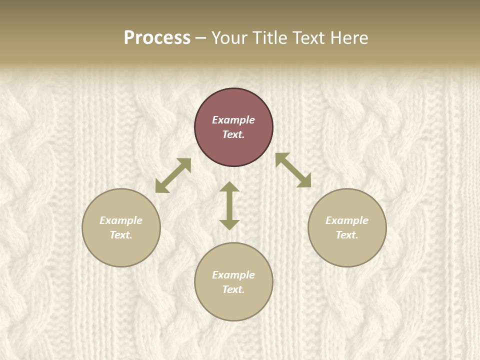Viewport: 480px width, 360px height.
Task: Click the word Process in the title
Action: pyautogui.click(x=157, y=38)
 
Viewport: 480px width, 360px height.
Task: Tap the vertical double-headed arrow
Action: pyautogui.click(x=229, y=206)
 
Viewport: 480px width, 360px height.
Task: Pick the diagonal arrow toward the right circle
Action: pyautogui.click(x=293, y=170)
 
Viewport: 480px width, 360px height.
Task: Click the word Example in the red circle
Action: pyautogui.click(x=233, y=120)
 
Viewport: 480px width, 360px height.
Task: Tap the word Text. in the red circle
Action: pyautogui.click(x=233, y=134)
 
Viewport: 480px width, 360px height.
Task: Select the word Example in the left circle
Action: pyautogui.click(x=121, y=220)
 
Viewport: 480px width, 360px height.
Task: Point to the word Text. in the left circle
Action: pyautogui.click(x=121, y=235)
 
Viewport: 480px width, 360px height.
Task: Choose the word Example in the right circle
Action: pyautogui.click(x=347, y=220)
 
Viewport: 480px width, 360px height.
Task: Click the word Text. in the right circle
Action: pyautogui.click(x=347, y=235)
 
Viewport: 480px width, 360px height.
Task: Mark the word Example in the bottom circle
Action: pyautogui.click(x=233, y=275)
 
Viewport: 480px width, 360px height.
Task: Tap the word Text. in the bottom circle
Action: pyautogui.click(x=233, y=289)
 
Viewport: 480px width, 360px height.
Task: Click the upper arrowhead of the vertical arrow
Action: pyautogui.click(x=229, y=186)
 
